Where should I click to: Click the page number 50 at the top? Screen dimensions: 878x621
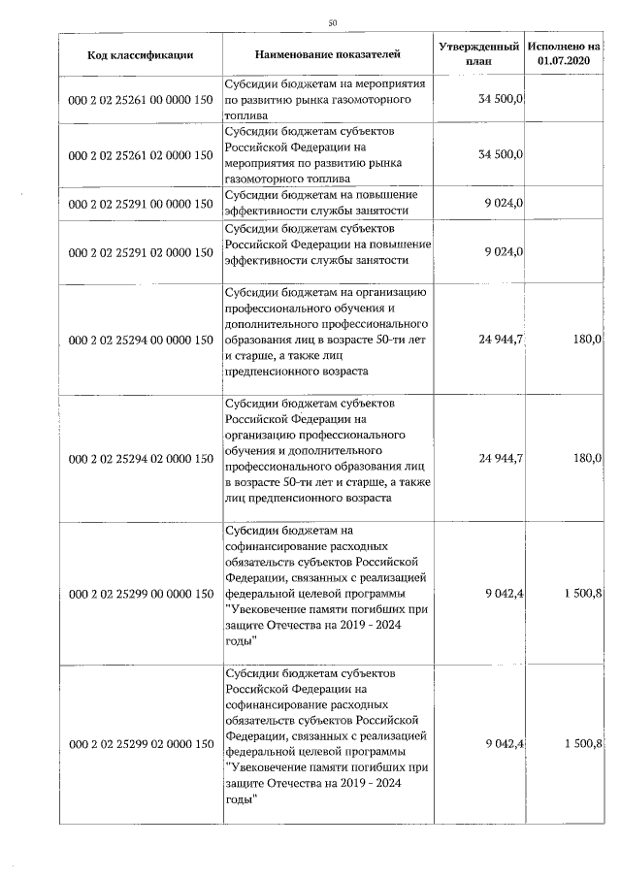[333, 22]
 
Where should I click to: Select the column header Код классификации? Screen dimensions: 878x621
[141, 54]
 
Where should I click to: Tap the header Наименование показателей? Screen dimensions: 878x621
[328, 54]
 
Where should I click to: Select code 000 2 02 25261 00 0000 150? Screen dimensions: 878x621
[141, 99]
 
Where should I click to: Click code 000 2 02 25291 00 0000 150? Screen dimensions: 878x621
[141, 204]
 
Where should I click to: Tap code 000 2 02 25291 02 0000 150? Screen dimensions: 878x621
[141, 252]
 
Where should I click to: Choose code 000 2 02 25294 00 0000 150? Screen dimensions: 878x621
[141, 340]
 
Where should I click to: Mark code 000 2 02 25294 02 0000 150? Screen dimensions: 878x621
[141, 457]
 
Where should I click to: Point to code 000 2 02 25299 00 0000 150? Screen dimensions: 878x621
[141, 593]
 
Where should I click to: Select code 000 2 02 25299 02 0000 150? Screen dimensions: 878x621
[141, 743]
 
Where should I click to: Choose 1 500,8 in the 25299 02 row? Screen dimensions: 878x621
[582, 743]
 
